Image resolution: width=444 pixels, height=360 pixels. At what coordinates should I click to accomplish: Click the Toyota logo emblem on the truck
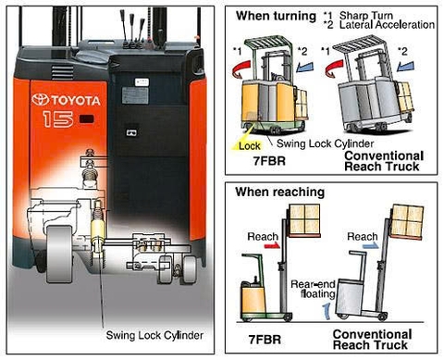[40, 100]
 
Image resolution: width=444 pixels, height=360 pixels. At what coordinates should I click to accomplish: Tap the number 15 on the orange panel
[58, 119]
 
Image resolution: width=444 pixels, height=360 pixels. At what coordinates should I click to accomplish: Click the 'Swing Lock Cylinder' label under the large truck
[154, 335]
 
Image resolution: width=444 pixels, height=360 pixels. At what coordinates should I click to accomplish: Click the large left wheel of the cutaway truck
[59, 254]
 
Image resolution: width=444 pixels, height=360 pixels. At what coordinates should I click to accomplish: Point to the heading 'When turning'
[276, 16]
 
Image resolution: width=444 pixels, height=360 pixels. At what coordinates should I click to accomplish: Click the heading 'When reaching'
[280, 192]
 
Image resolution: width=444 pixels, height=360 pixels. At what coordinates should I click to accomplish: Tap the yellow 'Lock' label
[250, 146]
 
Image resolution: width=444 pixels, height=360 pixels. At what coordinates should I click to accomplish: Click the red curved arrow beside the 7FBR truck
[241, 68]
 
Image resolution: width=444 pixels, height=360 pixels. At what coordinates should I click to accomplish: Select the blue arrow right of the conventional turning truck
[405, 66]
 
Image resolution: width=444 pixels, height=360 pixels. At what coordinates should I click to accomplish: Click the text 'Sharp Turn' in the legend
[366, 15]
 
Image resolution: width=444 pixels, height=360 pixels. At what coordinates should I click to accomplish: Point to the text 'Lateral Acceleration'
[387, 25]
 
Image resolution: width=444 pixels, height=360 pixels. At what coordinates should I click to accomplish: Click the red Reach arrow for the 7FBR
[272, 245]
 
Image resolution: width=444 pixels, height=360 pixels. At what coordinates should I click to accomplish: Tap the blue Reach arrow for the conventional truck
[370, 245]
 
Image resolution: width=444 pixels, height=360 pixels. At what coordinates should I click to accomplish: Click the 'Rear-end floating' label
[313, 289]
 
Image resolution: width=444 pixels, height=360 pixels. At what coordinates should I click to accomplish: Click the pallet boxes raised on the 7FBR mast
[304, 219]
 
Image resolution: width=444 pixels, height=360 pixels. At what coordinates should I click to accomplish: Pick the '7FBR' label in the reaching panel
[265, 340]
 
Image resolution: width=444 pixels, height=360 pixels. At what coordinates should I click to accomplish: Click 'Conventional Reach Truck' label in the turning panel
[384, 161]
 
